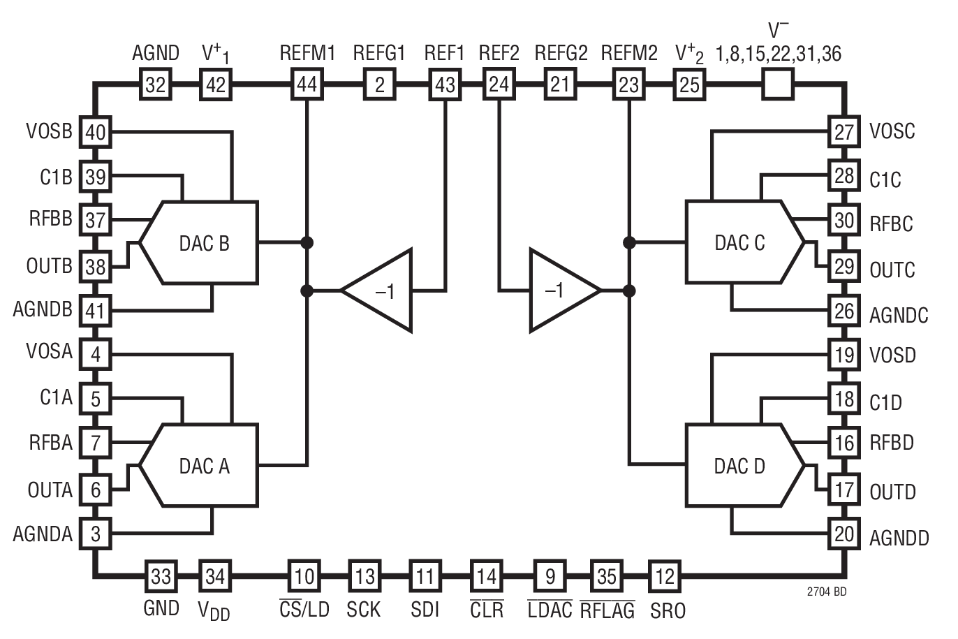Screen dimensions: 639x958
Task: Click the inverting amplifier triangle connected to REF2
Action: (x=559, y=290)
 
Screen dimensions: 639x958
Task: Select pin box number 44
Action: (x=307, y=85)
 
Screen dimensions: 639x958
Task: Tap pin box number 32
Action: (x=155, y=85)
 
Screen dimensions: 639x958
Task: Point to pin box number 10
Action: (x=304, y=576)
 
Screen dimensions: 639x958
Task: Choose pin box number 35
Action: (x=606, y=576)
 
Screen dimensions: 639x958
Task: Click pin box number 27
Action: (x=843, y=132)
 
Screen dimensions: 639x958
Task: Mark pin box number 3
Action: (x=96, y=534)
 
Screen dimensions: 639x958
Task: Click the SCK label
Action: (x=364, y=610)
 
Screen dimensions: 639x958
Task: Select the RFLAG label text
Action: (x=607, y=610)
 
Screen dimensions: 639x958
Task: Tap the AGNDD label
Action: (x=899, y=538)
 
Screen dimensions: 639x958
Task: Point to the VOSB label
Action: (x=50, y=131)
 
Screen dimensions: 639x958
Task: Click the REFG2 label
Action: (x=561, y=53)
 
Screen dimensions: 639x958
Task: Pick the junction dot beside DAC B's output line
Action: (x=306, y=242)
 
